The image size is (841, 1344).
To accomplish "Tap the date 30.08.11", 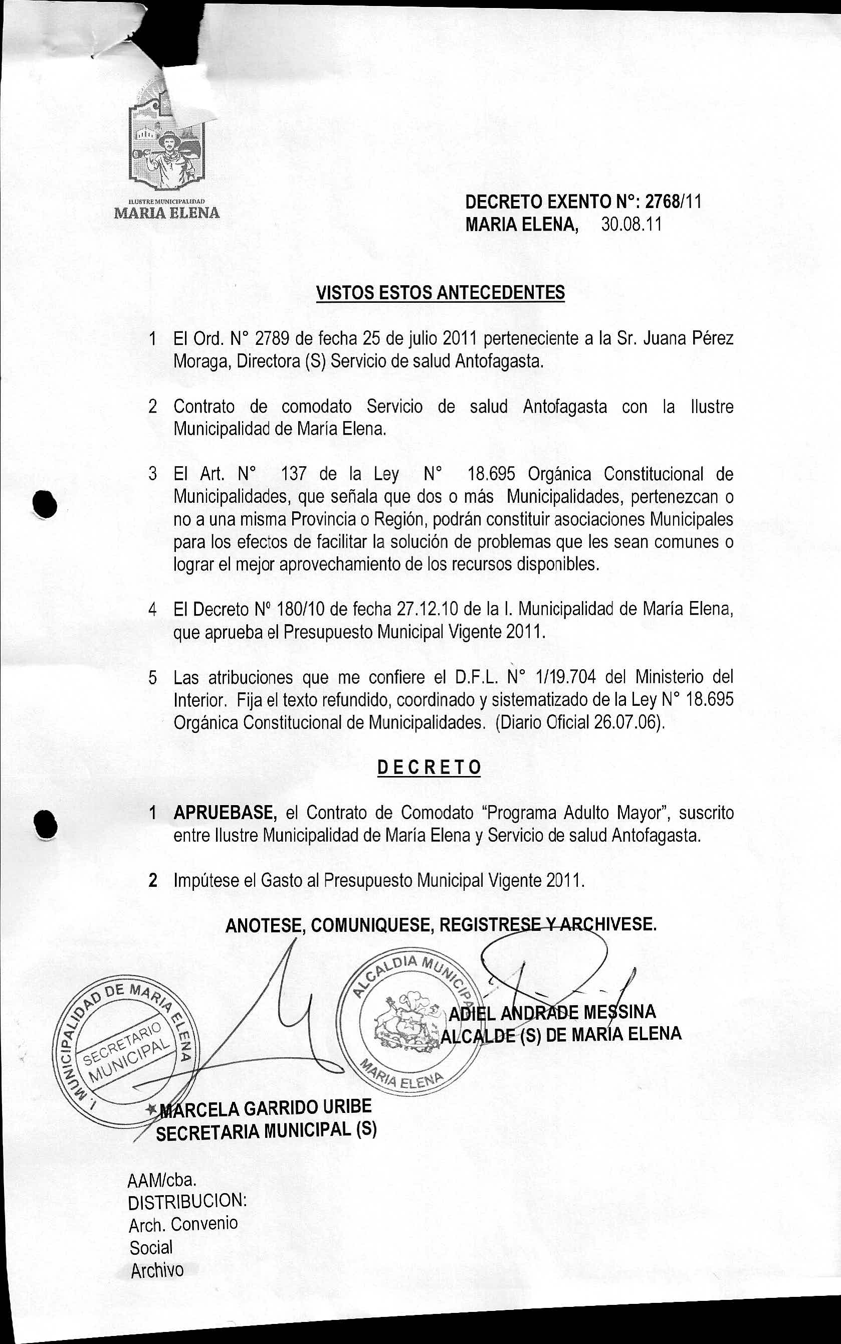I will pos(632,225).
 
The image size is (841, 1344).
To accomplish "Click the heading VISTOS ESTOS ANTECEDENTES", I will pos(440,292).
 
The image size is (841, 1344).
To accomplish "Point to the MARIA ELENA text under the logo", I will pos(167,213).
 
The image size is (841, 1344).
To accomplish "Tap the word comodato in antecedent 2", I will pos(316,407).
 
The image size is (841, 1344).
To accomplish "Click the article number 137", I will pos(294,474).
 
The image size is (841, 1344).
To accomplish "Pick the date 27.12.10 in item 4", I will pos(427,609).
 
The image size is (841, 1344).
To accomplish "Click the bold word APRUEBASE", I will pos(225,813).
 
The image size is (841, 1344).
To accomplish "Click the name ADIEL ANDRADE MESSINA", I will pos(552,1013).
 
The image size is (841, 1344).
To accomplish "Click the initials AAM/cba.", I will pos(162,1180).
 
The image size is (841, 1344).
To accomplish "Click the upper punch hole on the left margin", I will pos(45,504).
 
